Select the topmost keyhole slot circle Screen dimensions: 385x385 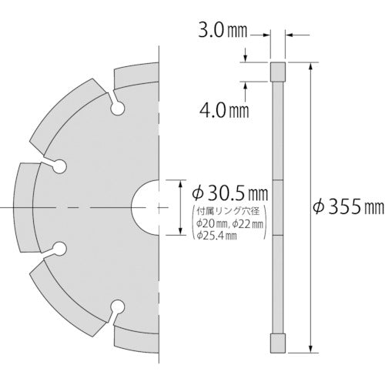(117, 110)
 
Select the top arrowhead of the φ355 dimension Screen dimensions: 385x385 (311, 68)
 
